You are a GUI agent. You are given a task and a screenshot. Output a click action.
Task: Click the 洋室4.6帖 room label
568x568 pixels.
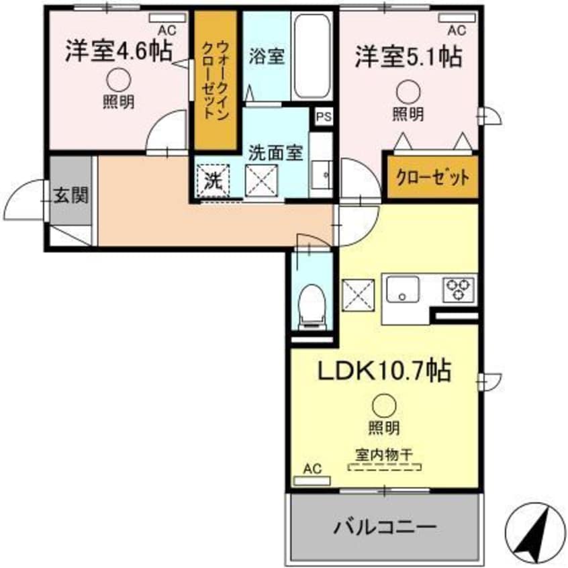pos(117,52)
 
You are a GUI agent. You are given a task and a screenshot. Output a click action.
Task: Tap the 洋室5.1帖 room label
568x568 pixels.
pos(408,57)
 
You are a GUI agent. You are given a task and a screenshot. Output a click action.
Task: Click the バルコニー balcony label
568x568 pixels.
pos(385,526)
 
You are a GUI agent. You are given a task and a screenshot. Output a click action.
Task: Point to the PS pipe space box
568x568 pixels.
pos(324,116)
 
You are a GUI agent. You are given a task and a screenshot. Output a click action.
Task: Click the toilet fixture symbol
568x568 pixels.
pos(312,304)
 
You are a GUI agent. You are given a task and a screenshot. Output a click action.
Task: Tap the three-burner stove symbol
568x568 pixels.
pos(459,289)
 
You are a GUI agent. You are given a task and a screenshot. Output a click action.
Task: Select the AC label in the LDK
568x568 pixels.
pos(312,468)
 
